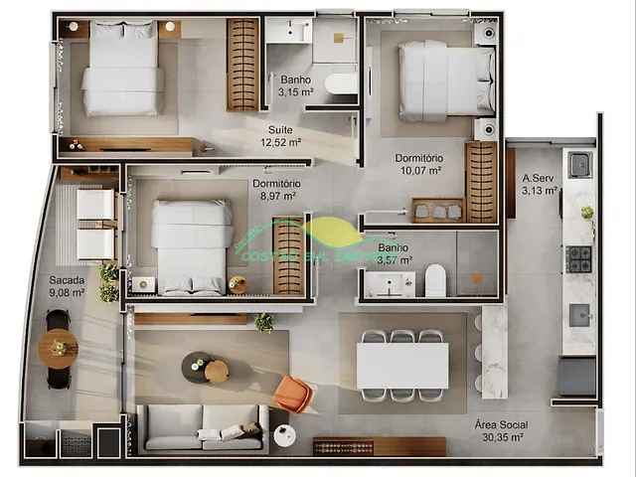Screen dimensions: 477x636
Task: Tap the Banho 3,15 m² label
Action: tap(294, 85)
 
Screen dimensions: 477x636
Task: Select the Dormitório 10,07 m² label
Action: tap(418, 164)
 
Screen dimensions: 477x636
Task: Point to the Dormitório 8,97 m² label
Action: tap(275, 190)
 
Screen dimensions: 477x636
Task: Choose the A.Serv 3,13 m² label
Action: tap(540, 186)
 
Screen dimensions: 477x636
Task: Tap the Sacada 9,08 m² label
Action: tap(67, 286)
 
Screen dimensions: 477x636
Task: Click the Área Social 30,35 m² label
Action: tap(500, 430)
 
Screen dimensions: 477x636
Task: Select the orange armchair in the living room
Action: tap(292, 394)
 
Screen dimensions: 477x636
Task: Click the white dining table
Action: tap(401, 365)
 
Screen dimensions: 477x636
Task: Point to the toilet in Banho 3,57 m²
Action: tap(435, 281)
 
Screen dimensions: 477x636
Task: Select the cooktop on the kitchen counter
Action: tap(578, 258)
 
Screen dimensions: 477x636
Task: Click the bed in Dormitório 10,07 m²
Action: tap(446, 80)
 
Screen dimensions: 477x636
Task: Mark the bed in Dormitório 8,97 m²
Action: tap(191, 246)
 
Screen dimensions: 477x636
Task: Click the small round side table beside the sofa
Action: tap(284, 435)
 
